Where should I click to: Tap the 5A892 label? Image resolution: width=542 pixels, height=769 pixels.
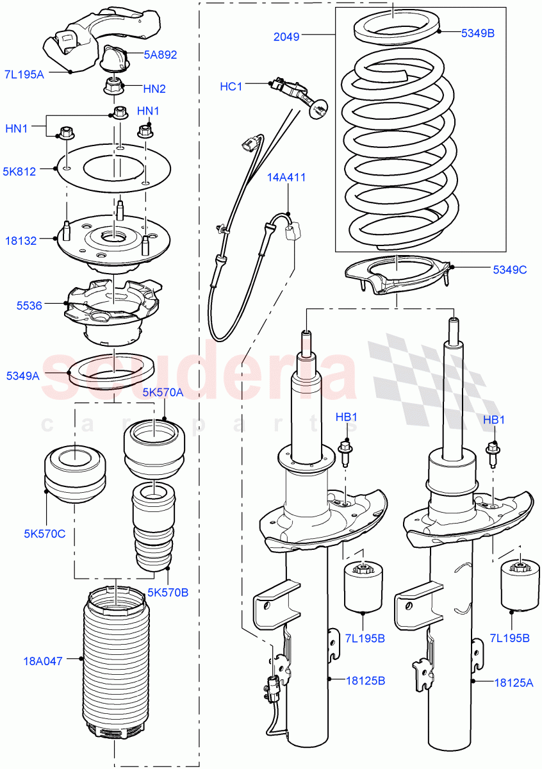pos(160,55)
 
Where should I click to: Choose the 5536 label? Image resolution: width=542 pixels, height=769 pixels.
pos(29,306)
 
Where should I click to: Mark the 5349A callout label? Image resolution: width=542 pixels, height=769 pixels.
pos(22,376)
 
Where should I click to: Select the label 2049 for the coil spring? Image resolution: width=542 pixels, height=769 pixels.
pos(286,37)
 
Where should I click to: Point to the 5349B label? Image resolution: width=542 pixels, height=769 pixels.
pos(478,32)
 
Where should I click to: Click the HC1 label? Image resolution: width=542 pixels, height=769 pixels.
pos(231,86)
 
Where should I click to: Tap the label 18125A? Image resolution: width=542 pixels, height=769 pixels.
pos(513,683)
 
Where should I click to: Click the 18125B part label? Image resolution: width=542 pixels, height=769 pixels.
pos(366,681)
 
